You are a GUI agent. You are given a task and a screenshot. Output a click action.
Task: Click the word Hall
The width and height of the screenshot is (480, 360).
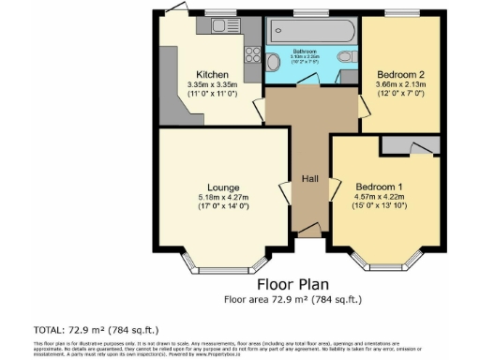point(311,177)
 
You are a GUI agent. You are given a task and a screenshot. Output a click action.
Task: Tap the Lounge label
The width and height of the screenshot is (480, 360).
point(223,187)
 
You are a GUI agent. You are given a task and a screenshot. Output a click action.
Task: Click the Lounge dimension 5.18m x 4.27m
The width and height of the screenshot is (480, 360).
point(223,198)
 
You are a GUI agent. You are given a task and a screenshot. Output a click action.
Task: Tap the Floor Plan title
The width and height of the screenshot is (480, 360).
point(292,285)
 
